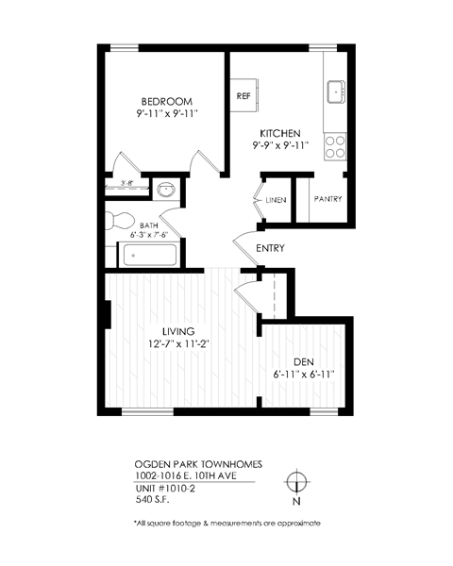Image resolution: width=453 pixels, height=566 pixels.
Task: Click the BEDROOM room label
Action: (x=167, y=102)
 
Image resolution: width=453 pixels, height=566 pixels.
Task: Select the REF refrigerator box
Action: (x=243, y=96)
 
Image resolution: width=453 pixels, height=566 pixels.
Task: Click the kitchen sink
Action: (x=336, y=92)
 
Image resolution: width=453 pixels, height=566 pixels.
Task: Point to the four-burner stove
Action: (x=334, y=145)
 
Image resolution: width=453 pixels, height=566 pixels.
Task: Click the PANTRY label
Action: (x=327, y=200)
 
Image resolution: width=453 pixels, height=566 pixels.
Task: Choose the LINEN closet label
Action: (x=275, y=200)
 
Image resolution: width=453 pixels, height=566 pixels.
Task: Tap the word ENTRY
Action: (x=271, y=248)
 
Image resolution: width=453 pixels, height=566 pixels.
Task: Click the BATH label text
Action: (x=149, y=225)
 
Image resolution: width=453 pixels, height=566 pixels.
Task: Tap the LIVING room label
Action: (x=177, y=331)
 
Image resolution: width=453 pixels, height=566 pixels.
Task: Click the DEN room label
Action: (x=302, y=361)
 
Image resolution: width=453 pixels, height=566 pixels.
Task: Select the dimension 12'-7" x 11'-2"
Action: (x=177, y=344)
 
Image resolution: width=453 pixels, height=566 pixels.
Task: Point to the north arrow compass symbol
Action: (x=297, y=480)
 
